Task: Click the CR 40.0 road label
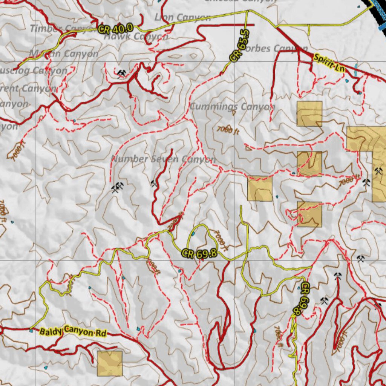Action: click(x=115, y=28)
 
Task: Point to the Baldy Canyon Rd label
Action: click(x=73, y=332)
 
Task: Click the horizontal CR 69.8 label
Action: click(x=199, y=253)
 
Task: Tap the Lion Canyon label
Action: click(x=182, y=17)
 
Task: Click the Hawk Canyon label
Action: click(x=136, y=37)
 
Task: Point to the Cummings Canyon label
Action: click(x=232, y=107)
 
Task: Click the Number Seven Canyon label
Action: click(x=164, y=159)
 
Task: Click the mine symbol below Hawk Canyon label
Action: click(x=121, y=73)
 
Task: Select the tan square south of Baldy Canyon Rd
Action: click(x=110, y=363)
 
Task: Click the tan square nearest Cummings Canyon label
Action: click(x=309, y=113)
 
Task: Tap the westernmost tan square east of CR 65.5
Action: click(x=260, y=188)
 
